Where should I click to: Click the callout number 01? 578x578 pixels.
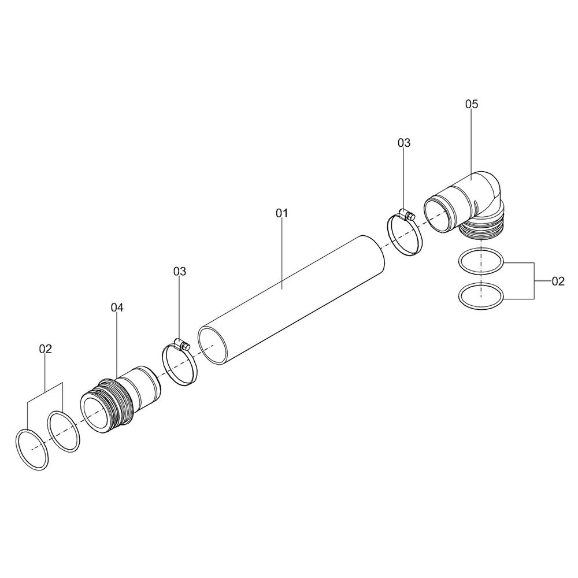pos(281,213)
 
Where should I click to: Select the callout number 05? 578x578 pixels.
pos(472,104)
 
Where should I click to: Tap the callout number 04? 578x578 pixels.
pos(117,307)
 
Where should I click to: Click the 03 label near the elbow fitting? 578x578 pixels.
pos(404,143)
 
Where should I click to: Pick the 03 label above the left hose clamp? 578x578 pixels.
pos(180,272)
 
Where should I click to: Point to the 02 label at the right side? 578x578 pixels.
pos(558,281)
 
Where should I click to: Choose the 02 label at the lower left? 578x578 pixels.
pos(46,349)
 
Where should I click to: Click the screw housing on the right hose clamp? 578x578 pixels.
pos(407,214)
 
